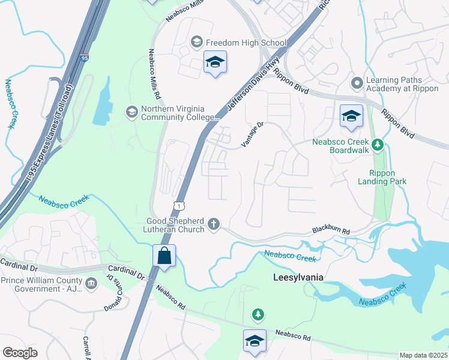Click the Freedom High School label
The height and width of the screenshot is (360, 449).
click(246, 43)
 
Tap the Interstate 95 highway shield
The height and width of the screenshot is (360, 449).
click(83, 58)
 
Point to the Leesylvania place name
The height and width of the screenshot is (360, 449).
click(298, 277)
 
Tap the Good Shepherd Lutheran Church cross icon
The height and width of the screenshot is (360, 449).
click(213, 224)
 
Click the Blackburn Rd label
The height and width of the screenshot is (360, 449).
click(330, 230)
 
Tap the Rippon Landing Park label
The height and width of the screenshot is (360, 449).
click(382, 177)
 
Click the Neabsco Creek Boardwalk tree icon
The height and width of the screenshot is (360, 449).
click(378, 144)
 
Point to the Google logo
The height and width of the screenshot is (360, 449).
click(20, 353)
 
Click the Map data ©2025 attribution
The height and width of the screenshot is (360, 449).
click(423, 355)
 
